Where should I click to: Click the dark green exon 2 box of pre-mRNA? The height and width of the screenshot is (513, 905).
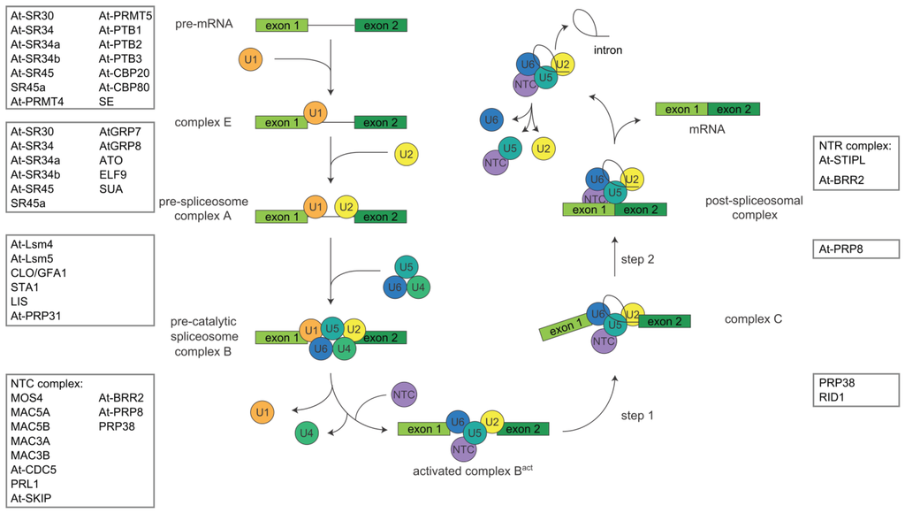click(381, 25)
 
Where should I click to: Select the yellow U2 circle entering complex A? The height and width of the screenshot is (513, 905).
click(406, 155)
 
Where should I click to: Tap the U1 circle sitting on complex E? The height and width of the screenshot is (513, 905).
click(316, 113)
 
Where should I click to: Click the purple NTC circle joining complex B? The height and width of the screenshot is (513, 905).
click(404, 394)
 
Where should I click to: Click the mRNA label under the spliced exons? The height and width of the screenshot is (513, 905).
click(708, 129)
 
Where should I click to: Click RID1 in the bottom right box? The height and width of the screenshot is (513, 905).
click(835, 399)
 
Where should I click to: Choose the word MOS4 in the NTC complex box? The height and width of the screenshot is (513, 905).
click(28, 398)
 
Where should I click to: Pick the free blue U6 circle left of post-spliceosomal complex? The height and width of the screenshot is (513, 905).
click(492, 119)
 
